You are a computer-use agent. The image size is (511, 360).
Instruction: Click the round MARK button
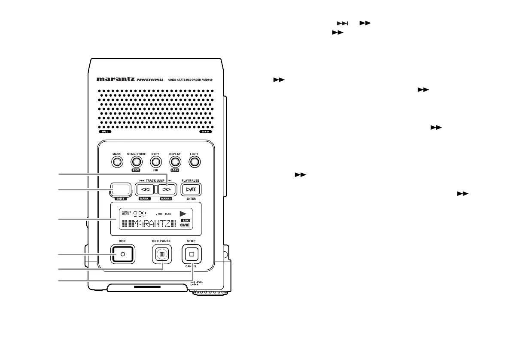coord(117,162)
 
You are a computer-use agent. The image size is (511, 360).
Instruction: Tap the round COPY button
coord(155,162)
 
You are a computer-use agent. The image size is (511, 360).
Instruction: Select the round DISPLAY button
coord(174,162)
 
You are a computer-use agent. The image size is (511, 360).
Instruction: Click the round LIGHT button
coord(195,162)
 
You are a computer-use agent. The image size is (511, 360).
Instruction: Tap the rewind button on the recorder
coord(145,189)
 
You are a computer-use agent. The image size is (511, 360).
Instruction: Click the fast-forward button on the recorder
coord(167,189)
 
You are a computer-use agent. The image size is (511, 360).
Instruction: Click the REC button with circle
coord(122,254)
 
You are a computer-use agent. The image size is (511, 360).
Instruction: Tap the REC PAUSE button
coord(161,254)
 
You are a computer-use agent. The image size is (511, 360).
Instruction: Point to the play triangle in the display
coord(183,213)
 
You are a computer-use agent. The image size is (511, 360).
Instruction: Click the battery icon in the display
coord(184,225)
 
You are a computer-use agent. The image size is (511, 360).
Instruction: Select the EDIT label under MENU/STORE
coord(136,170)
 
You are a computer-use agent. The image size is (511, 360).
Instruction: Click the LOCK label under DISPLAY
coord(174,170)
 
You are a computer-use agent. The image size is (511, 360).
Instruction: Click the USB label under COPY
coord(155,170)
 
